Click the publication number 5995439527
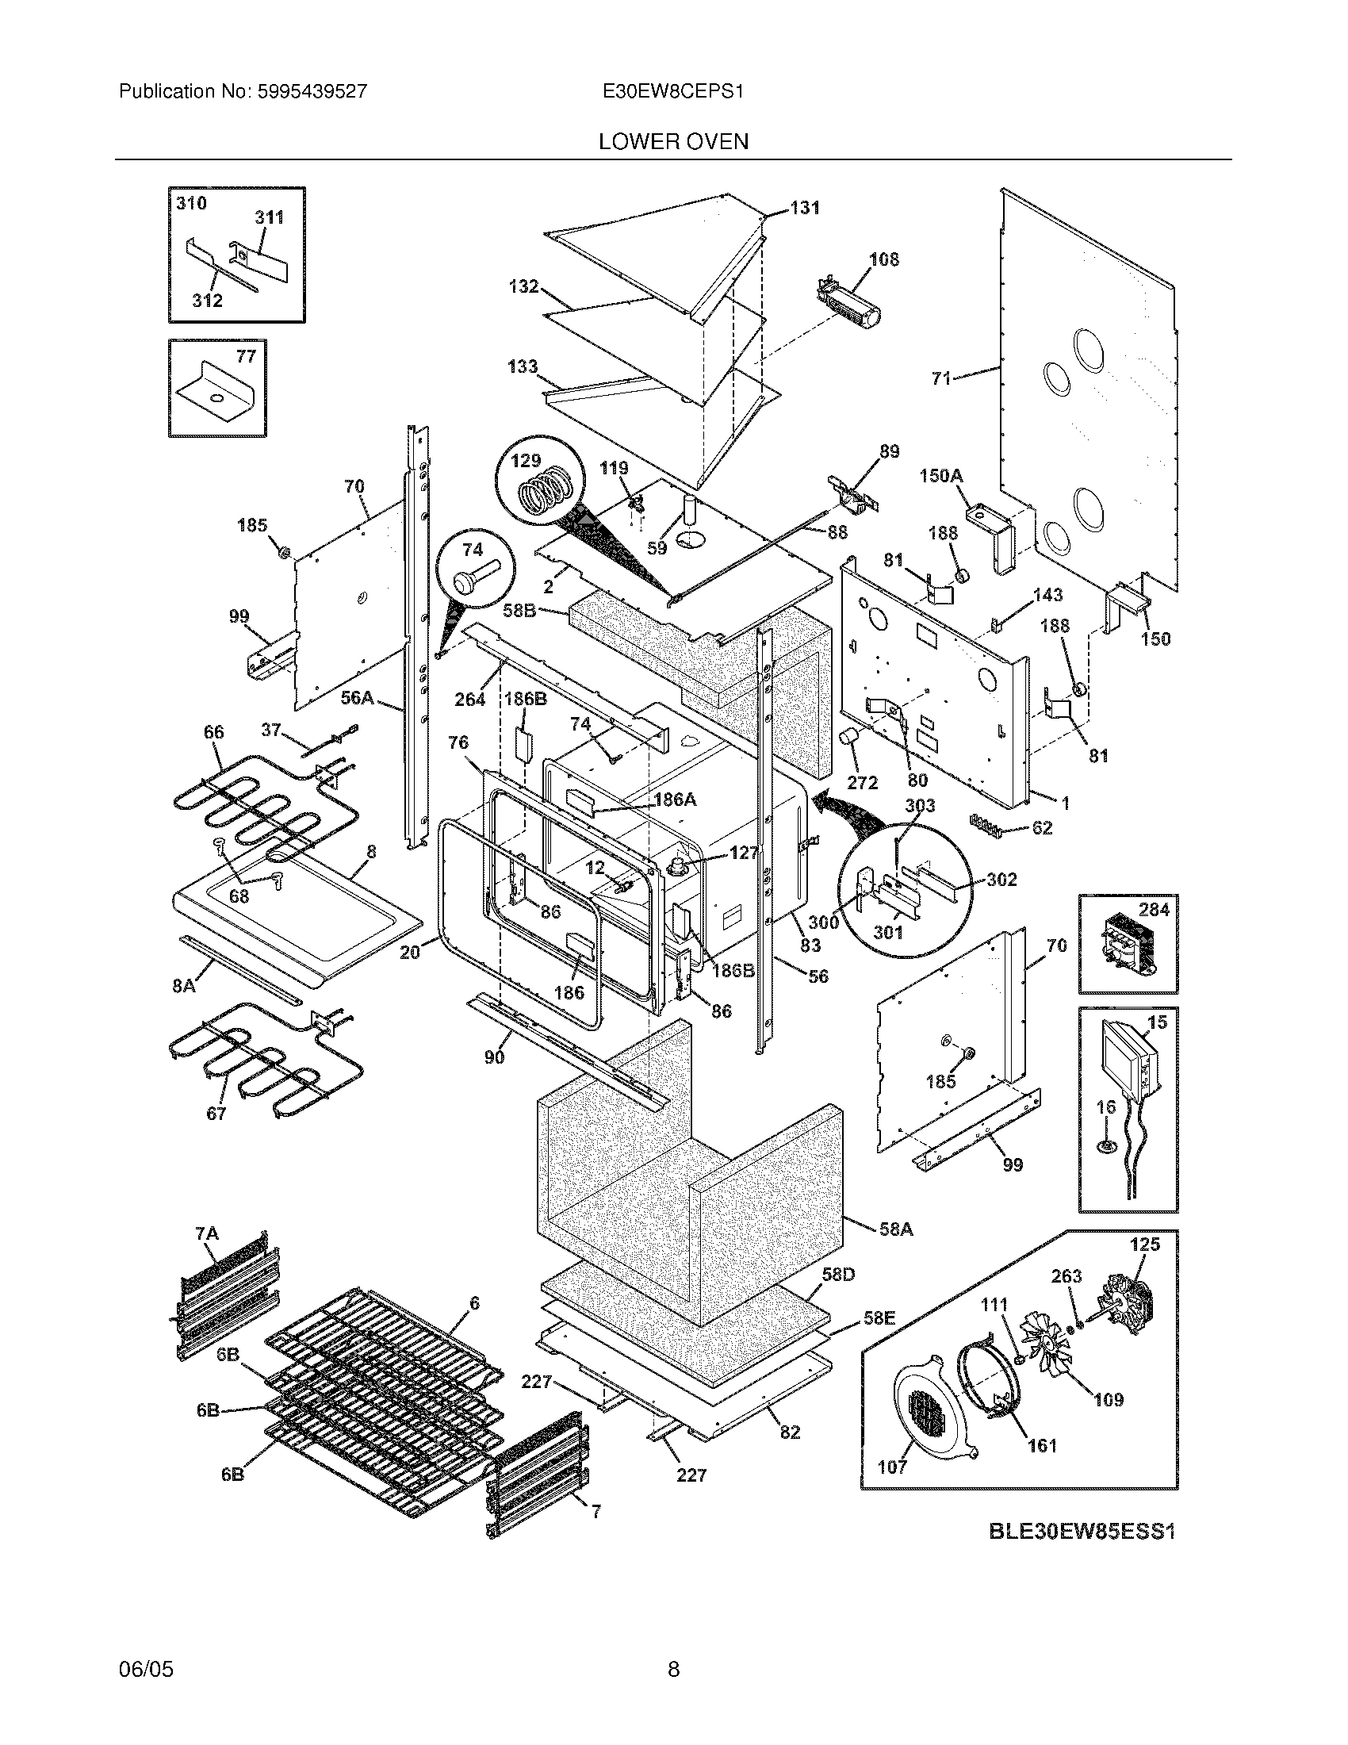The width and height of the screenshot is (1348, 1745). [x=312, y=91]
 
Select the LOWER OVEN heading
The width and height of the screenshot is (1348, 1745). [x=673, y=142]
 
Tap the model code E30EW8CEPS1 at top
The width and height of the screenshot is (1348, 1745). [x=673, y=91]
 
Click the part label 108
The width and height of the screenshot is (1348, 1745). [x=883, y=259]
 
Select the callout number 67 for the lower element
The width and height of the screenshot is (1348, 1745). [x=216, y=1113]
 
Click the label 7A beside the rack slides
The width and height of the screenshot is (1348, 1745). [x=207, y=1234]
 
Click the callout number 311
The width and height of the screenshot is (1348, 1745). [x=269, y=217]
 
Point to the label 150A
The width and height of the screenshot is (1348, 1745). [x=940, y=476]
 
